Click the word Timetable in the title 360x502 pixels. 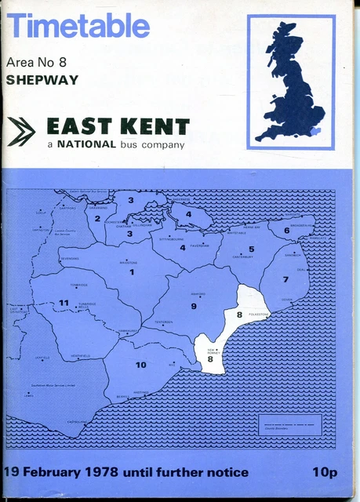pyautogui.click(x=78, y=26)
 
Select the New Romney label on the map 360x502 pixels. pyautogui.click(x=213, y=351)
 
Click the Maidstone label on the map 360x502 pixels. pyautogui.click(x=128, y=262)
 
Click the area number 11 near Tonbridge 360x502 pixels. pyautogui.click(x=64, y=303)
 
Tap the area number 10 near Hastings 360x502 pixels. pyautogui.click(x=141, y=365)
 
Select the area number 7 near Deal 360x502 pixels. pyautogui.click(x=285, y=279)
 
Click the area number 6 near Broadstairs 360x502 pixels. pyautogui.click(x=287, y=231)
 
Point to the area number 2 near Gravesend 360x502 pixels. pyautogui.click(x=97, y=219)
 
